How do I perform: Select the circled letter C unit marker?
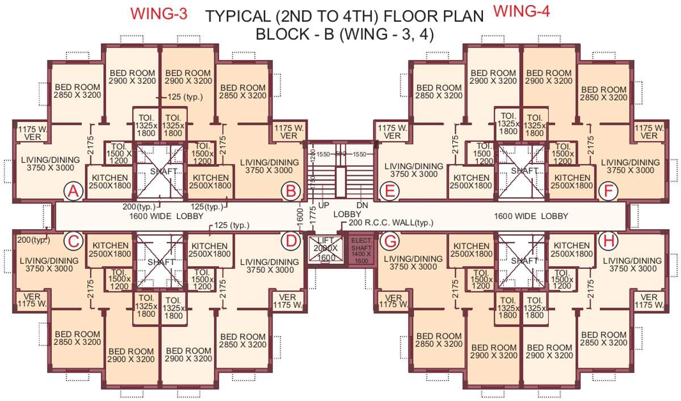point(73,241)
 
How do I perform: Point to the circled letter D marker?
point(291,241)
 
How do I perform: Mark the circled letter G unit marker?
point(389,241)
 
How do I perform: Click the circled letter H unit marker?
point(608,241)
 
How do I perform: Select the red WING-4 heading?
point(522,11)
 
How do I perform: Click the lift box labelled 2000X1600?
point(326,249)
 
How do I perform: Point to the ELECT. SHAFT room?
point(361,250)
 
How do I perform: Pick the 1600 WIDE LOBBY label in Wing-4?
point(531,216)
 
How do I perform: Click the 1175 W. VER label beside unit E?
point(392,132)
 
